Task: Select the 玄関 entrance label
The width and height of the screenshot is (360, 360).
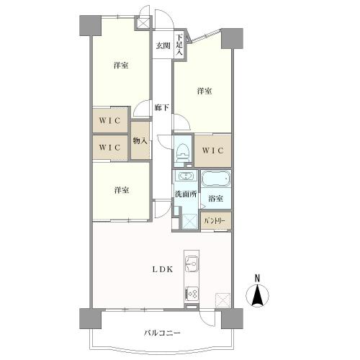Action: (163, 46)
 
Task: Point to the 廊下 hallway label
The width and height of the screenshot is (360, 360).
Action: (162, 108)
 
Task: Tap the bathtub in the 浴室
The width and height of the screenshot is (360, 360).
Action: (215, 179)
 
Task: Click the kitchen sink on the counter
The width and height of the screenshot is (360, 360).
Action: (192, 261)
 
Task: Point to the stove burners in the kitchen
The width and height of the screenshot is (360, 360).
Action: (192, 293)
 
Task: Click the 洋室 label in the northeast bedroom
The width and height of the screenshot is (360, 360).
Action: (204, 91)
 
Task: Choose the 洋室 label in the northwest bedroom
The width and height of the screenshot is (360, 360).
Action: (120, 66)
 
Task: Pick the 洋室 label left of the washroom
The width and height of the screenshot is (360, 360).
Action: (120, 190)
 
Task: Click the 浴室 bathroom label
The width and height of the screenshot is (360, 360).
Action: (215, 198)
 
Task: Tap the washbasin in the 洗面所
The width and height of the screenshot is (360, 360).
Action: (184, 177)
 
